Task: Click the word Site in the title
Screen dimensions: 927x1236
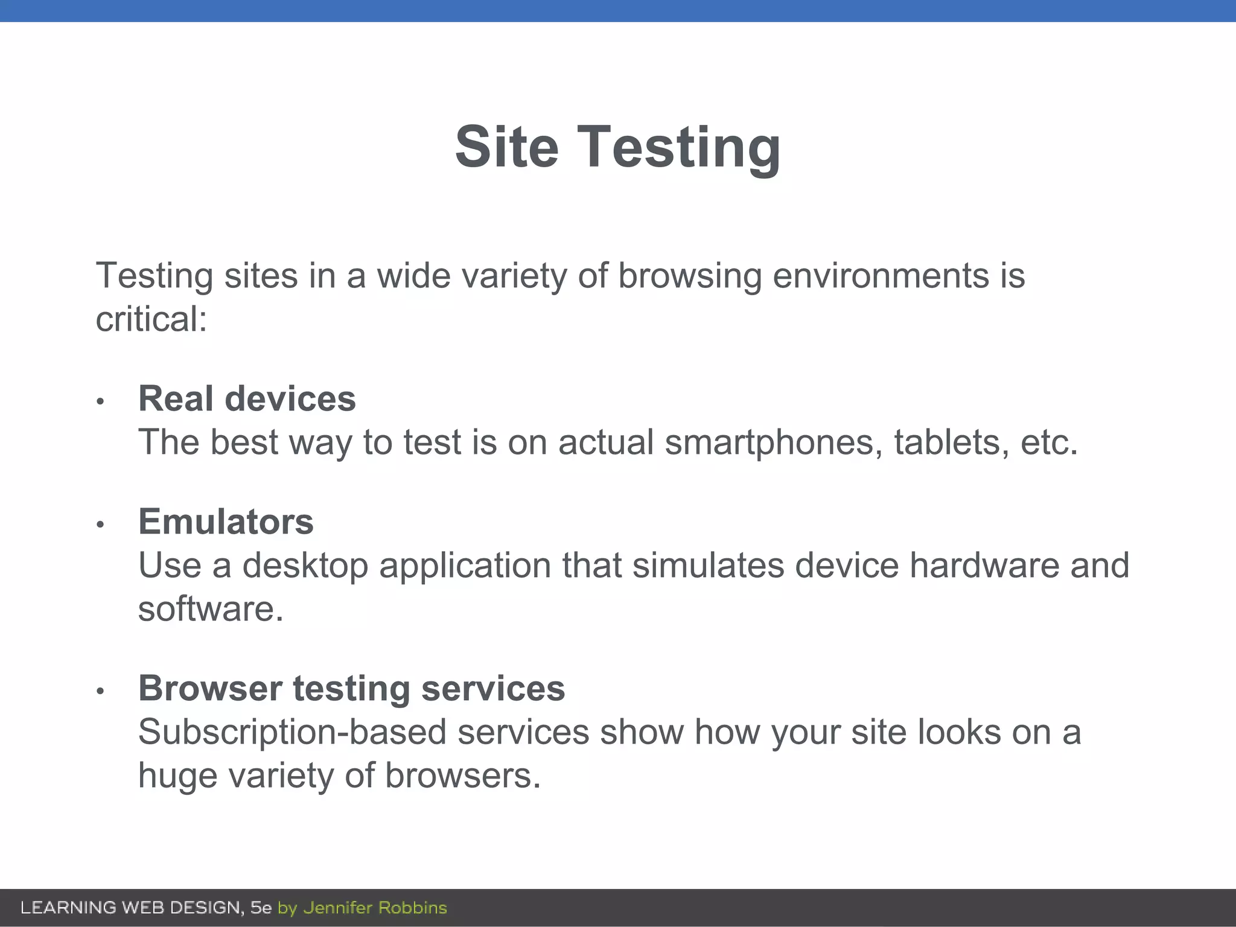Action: [506, 147]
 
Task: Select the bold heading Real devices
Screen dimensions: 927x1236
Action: [247, 399]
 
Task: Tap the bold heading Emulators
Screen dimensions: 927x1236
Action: [226, 521]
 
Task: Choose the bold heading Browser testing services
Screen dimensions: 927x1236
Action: [351, 688]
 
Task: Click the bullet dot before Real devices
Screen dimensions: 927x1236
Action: [101, 401]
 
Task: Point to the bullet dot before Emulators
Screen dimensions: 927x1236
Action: [101, 524]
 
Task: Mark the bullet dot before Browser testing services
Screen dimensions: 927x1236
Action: [101, 691]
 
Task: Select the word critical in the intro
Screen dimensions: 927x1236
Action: [151, 319]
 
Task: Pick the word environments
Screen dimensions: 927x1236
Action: [881, 276]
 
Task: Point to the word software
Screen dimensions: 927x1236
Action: [211, 609]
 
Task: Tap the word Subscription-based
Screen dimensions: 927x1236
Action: [292, 733]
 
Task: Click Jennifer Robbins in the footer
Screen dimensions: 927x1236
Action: [375, 908]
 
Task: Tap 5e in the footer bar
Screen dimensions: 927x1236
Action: [261, 908]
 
